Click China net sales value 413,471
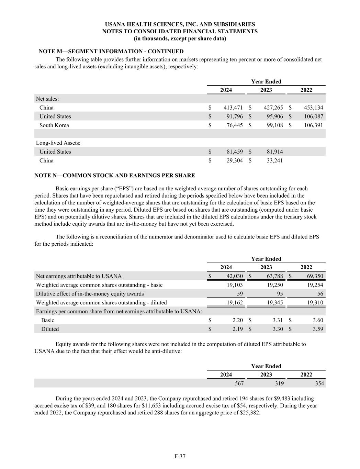(x=233, y=108)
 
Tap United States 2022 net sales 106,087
(x=314, y=116)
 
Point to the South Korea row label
(x=54, y=125)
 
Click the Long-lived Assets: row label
(x=58, y=143)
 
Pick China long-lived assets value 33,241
(x=275, y=160)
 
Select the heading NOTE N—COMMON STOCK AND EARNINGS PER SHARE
(x=115, y=176)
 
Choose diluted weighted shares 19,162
(x=235, y=303)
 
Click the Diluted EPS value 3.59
(x=318, y=329)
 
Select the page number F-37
(x=180, y=456)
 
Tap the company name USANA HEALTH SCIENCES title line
(x=180, y=24)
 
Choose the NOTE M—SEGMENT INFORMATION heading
(x=111, y=52)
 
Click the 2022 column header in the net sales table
(x=306, y=90)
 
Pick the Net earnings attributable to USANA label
(x=79, y=276)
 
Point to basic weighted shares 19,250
(x=275, y=285)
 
